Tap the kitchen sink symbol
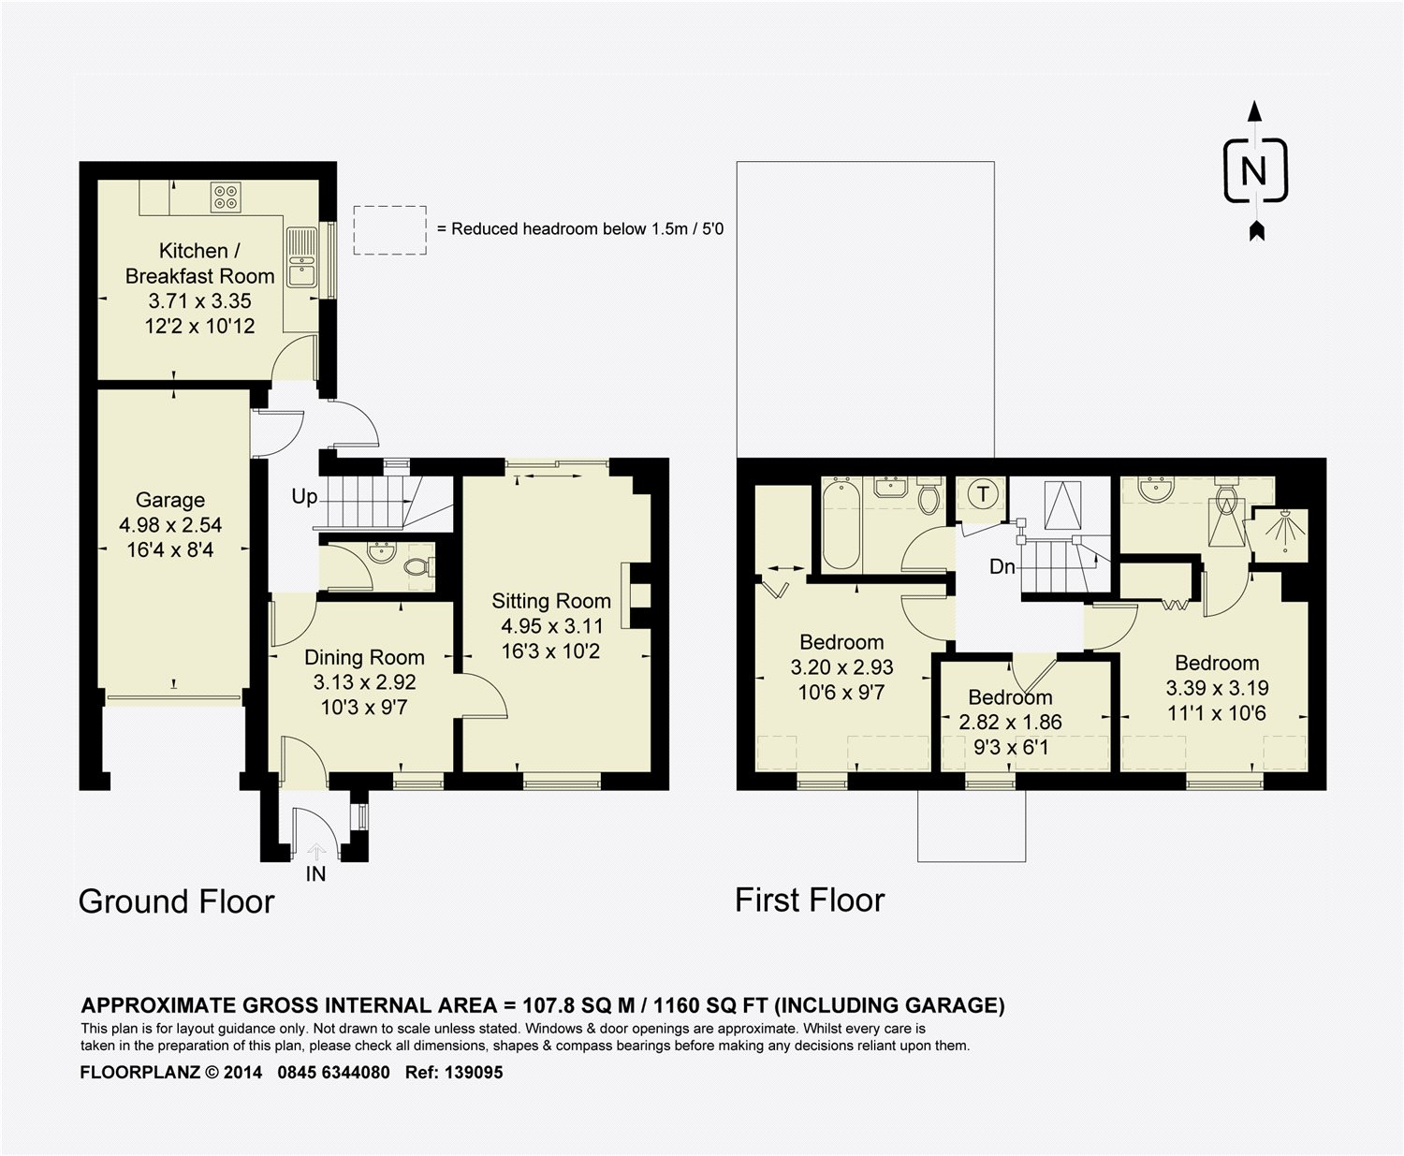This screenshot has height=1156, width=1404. pos(301,257)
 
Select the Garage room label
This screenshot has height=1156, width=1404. pos(169,500)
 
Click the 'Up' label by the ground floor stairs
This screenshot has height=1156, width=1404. pos(304,496)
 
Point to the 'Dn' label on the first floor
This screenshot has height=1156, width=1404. pos(1002,566)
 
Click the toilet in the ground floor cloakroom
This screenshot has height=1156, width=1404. pos(418,566)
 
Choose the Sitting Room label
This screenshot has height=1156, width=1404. pos(550,601)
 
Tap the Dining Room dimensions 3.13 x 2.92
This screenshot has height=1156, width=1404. pos(364,681)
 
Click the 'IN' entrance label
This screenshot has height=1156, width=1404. pos(315,873)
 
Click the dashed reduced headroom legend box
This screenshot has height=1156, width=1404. pos(389,229)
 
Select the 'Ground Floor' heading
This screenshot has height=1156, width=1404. pos(176,901)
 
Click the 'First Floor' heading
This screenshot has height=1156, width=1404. pos(810,900)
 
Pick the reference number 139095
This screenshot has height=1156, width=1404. pos(474,1072)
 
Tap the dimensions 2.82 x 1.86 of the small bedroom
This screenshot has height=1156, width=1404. pos(1010,722)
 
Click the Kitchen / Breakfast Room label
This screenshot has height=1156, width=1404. pos(199,263)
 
